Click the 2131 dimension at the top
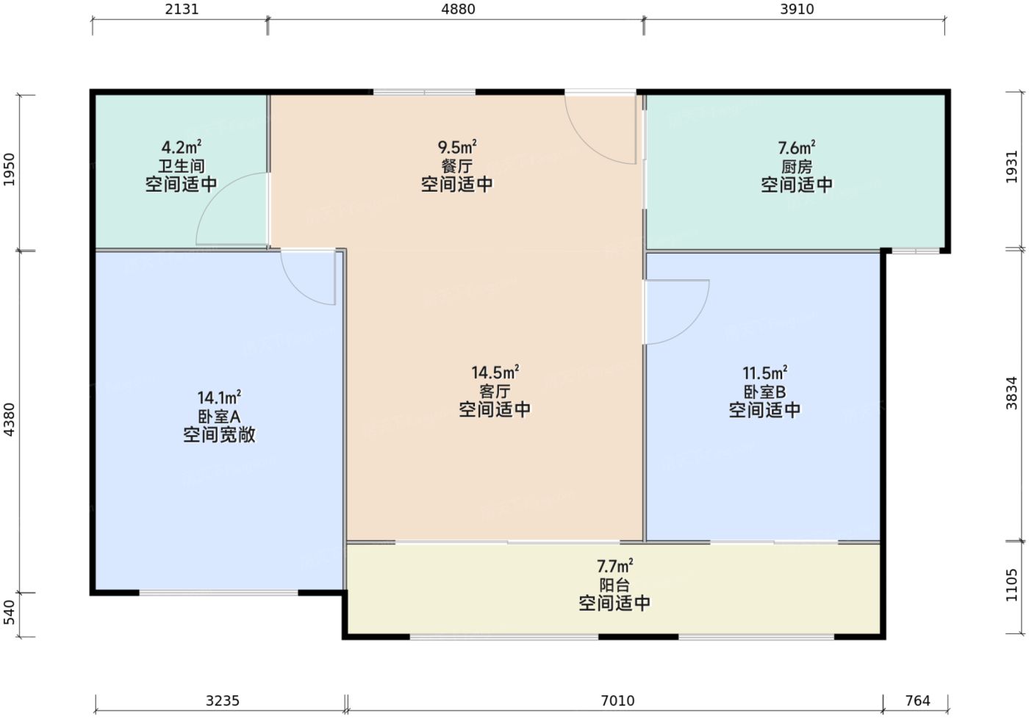(x=181, y=10)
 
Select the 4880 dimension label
(x=457, y=10)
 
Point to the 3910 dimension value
(x=797, y=10)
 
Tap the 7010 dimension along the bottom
(x=617, y=700)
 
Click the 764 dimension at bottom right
(x=917, y=700)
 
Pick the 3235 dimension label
(x=222, y=700)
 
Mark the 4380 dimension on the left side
(x=10, y=420)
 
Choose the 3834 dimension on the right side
(x=1012, y=393)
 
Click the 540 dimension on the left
(x=10, y=612)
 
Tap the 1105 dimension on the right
(x=1012, y=585)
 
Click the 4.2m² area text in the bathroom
(x=182, y=147)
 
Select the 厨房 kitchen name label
(x=797, y=167)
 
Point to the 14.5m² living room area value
(x=495, y=373)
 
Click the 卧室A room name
(x=219, y=417)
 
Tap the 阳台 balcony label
(x=614, y=585)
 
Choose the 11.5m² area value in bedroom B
(x=764, y=373)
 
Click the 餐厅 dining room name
(x=456, y=166)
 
